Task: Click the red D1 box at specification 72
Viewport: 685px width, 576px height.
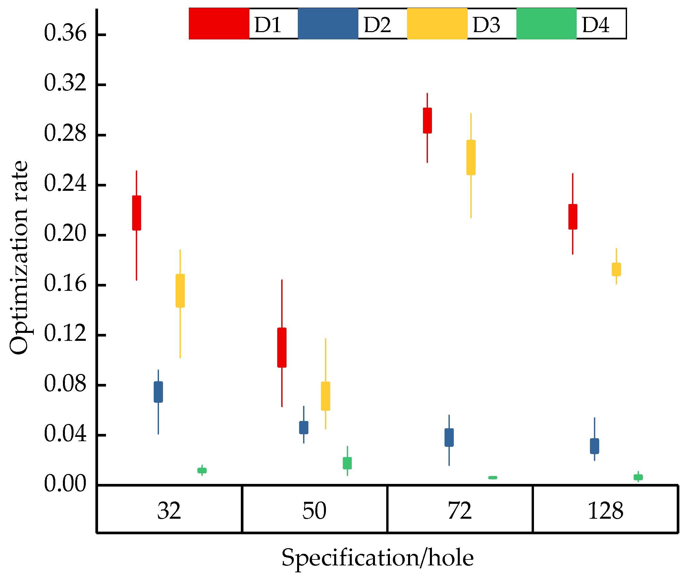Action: coord(427,121)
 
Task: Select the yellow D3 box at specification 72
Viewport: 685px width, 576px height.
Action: coord(471,157)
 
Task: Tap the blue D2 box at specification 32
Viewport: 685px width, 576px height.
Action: coord(158,392)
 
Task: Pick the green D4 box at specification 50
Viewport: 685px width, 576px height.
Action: coord(347,463)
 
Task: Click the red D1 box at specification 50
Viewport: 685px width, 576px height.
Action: coord(282,347)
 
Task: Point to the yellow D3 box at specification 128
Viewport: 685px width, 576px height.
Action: coord(616,269)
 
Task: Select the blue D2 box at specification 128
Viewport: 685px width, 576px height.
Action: coord(595,446)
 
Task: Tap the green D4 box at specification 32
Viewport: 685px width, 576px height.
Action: coord(202,470)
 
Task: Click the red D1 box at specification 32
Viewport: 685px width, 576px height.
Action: coord(136,213)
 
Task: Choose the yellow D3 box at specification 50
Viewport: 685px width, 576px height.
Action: coord(326,396)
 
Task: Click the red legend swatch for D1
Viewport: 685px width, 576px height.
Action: coord(219,24)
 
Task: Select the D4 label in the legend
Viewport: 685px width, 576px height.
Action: coord(595,25)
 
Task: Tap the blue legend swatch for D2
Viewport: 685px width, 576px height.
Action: coord(328,24)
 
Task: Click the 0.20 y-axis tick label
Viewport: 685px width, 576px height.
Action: coord(65,234)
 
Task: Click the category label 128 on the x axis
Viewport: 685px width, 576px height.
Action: coord(605,511)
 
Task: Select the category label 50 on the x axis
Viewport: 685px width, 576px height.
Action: coord(314,511)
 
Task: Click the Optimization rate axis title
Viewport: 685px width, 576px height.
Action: coord(19,258)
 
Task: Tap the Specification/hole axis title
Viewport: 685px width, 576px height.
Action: coord(378,558)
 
